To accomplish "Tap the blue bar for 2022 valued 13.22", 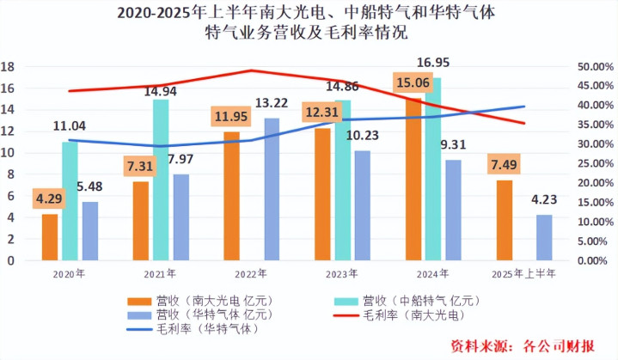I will [272, 189].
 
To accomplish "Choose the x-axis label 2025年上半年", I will [524, 274].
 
